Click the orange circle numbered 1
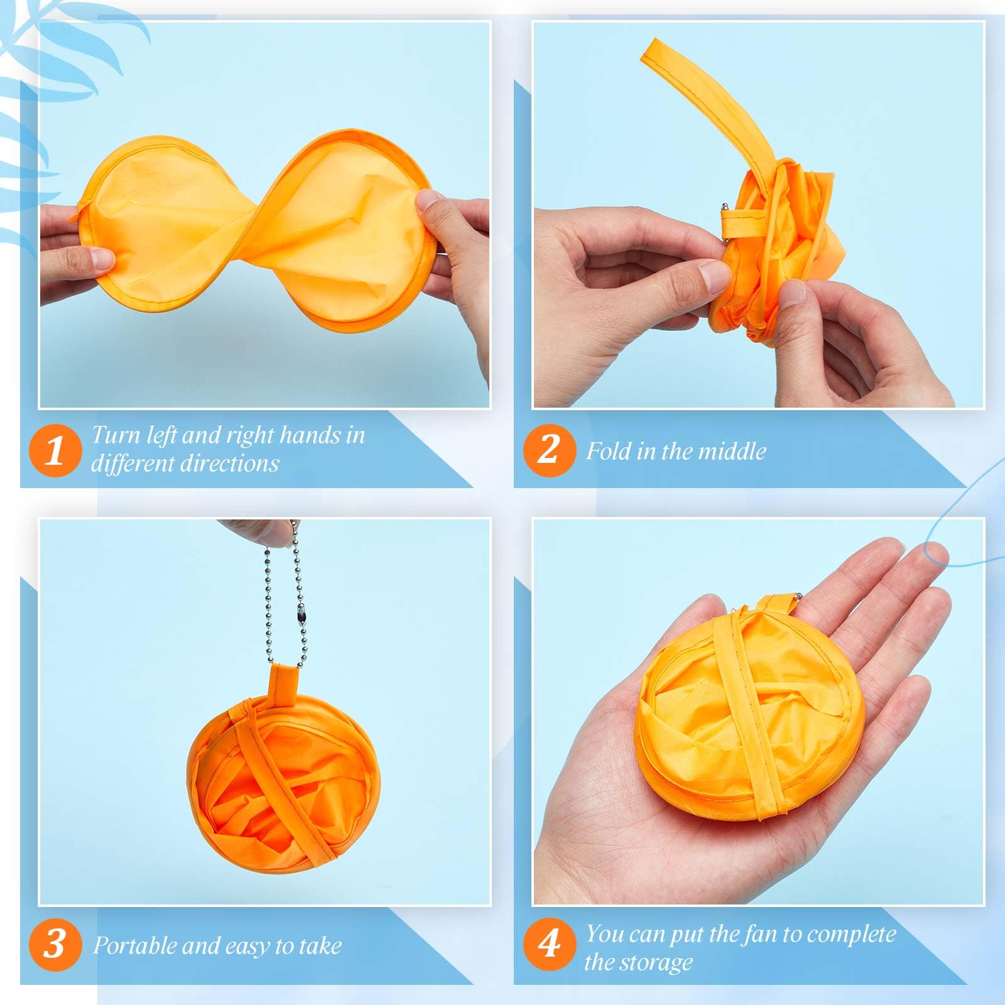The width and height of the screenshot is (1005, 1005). point(55,450)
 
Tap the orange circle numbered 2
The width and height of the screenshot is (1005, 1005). point(550,450)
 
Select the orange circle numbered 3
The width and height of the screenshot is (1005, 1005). point(55,944)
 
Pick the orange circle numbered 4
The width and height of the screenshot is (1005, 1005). point(550,944)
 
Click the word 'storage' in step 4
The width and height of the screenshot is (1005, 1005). point(660,962)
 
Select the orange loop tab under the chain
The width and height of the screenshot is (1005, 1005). point(282,685)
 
